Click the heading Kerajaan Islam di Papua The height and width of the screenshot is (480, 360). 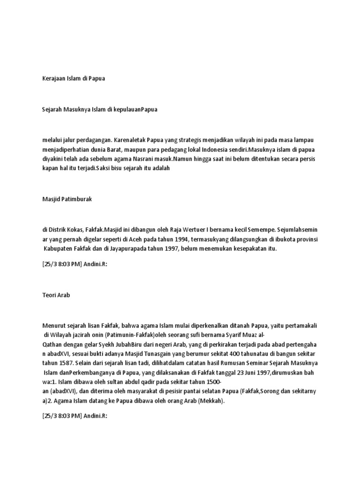coord(74,78)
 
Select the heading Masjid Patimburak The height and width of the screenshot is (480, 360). coord(67,199)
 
